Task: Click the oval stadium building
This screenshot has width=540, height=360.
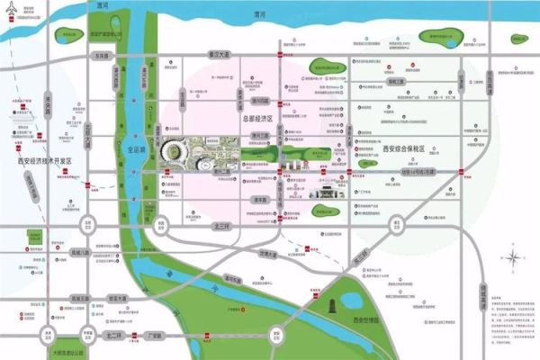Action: click(172, 153)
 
